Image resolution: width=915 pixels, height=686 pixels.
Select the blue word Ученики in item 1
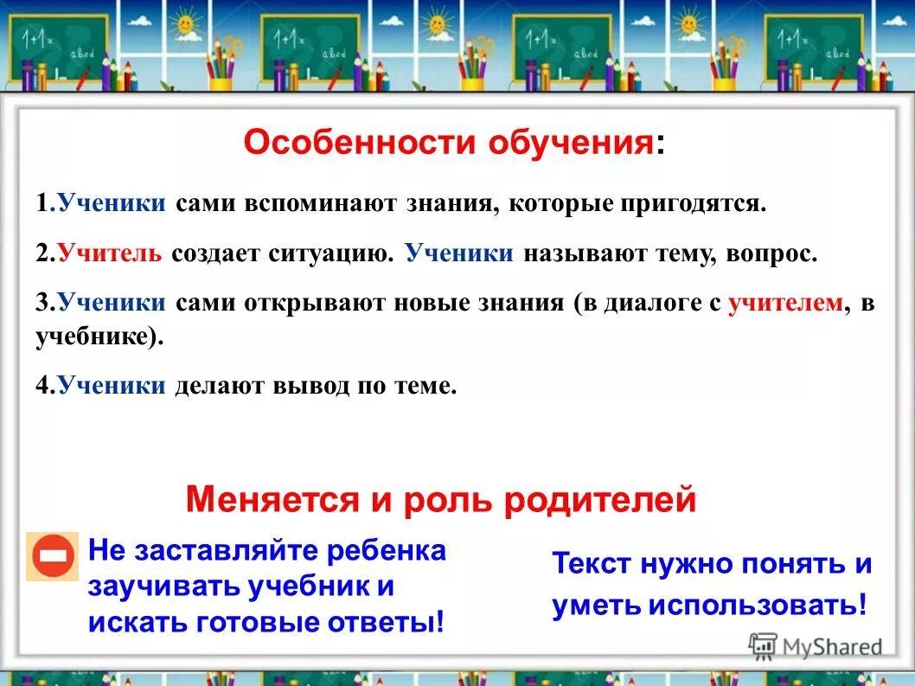coord(112,204)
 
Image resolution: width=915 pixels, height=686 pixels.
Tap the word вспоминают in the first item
coord(318,204)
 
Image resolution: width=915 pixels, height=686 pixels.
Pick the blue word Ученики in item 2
coord(459,253)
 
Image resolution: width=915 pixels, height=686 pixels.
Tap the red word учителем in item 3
coord(785,303)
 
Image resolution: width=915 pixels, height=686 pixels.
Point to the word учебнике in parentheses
coord(96,337)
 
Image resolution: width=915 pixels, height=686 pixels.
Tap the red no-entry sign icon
coord(53,556)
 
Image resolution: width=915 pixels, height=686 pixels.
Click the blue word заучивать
coord(162,587)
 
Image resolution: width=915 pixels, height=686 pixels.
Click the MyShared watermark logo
coord(816,646)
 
